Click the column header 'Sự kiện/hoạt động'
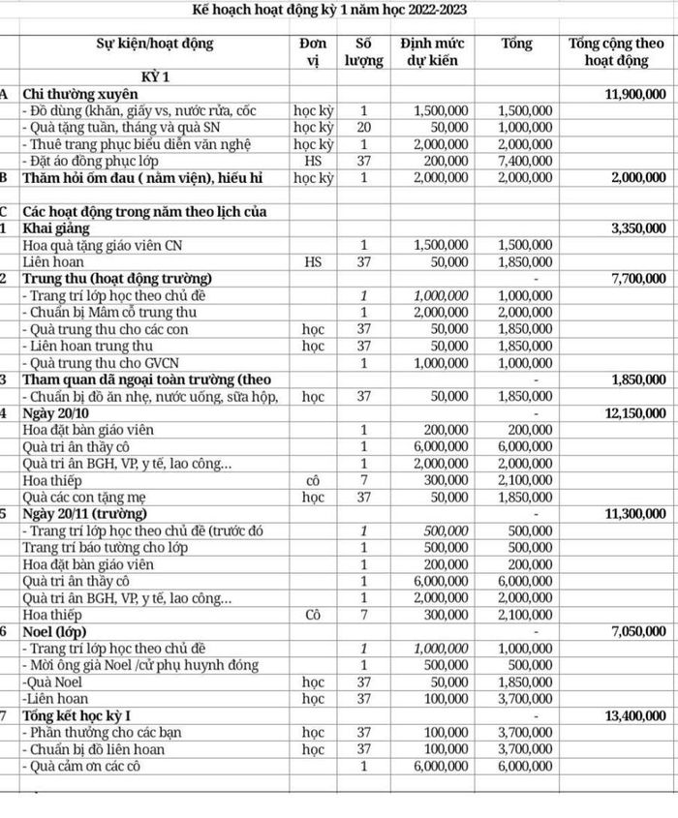(x=155, y=44)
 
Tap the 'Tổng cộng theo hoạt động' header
(x=617, y=51)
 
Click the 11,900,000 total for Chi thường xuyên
(x=634, y=94)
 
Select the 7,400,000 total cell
(x=526, y=161)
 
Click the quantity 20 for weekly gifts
(x=363, y=128)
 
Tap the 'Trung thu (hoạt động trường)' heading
(x=116, y=279)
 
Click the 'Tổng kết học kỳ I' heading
(x=83, y=716)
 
